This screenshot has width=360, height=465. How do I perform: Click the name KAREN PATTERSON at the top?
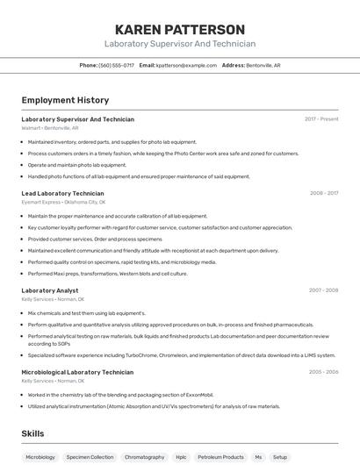point(180,30)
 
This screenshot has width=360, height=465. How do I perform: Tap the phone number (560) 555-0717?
point(116,65)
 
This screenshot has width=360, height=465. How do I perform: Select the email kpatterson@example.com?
point(186,65)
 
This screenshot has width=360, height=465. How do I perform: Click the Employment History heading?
point(65,100)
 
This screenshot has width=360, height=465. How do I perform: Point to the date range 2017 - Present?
point(321,118)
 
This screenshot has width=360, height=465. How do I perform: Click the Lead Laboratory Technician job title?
point(62,193)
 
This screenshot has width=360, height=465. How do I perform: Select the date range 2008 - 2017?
point(324,193)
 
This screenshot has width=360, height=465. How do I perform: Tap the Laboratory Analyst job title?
point(49,290)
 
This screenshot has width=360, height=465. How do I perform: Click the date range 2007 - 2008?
point(323,290)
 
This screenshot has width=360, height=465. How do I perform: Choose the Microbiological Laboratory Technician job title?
point(77,372)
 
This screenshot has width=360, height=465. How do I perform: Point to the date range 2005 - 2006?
point(323,372)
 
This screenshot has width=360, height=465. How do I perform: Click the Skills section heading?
point(32,433)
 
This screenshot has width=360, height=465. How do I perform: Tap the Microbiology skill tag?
point(40,457)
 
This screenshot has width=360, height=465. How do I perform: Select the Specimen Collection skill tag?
point(90,457)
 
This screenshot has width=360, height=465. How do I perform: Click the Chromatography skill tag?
point(144,457)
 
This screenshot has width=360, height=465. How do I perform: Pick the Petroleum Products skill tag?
point(220,457)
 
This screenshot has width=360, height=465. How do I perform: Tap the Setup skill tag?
point(279,457)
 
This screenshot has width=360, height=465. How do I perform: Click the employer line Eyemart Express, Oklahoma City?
point(63,202)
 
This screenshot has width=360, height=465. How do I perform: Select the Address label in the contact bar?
point(234,65)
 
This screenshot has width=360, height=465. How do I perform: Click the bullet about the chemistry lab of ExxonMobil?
point(120,395)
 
